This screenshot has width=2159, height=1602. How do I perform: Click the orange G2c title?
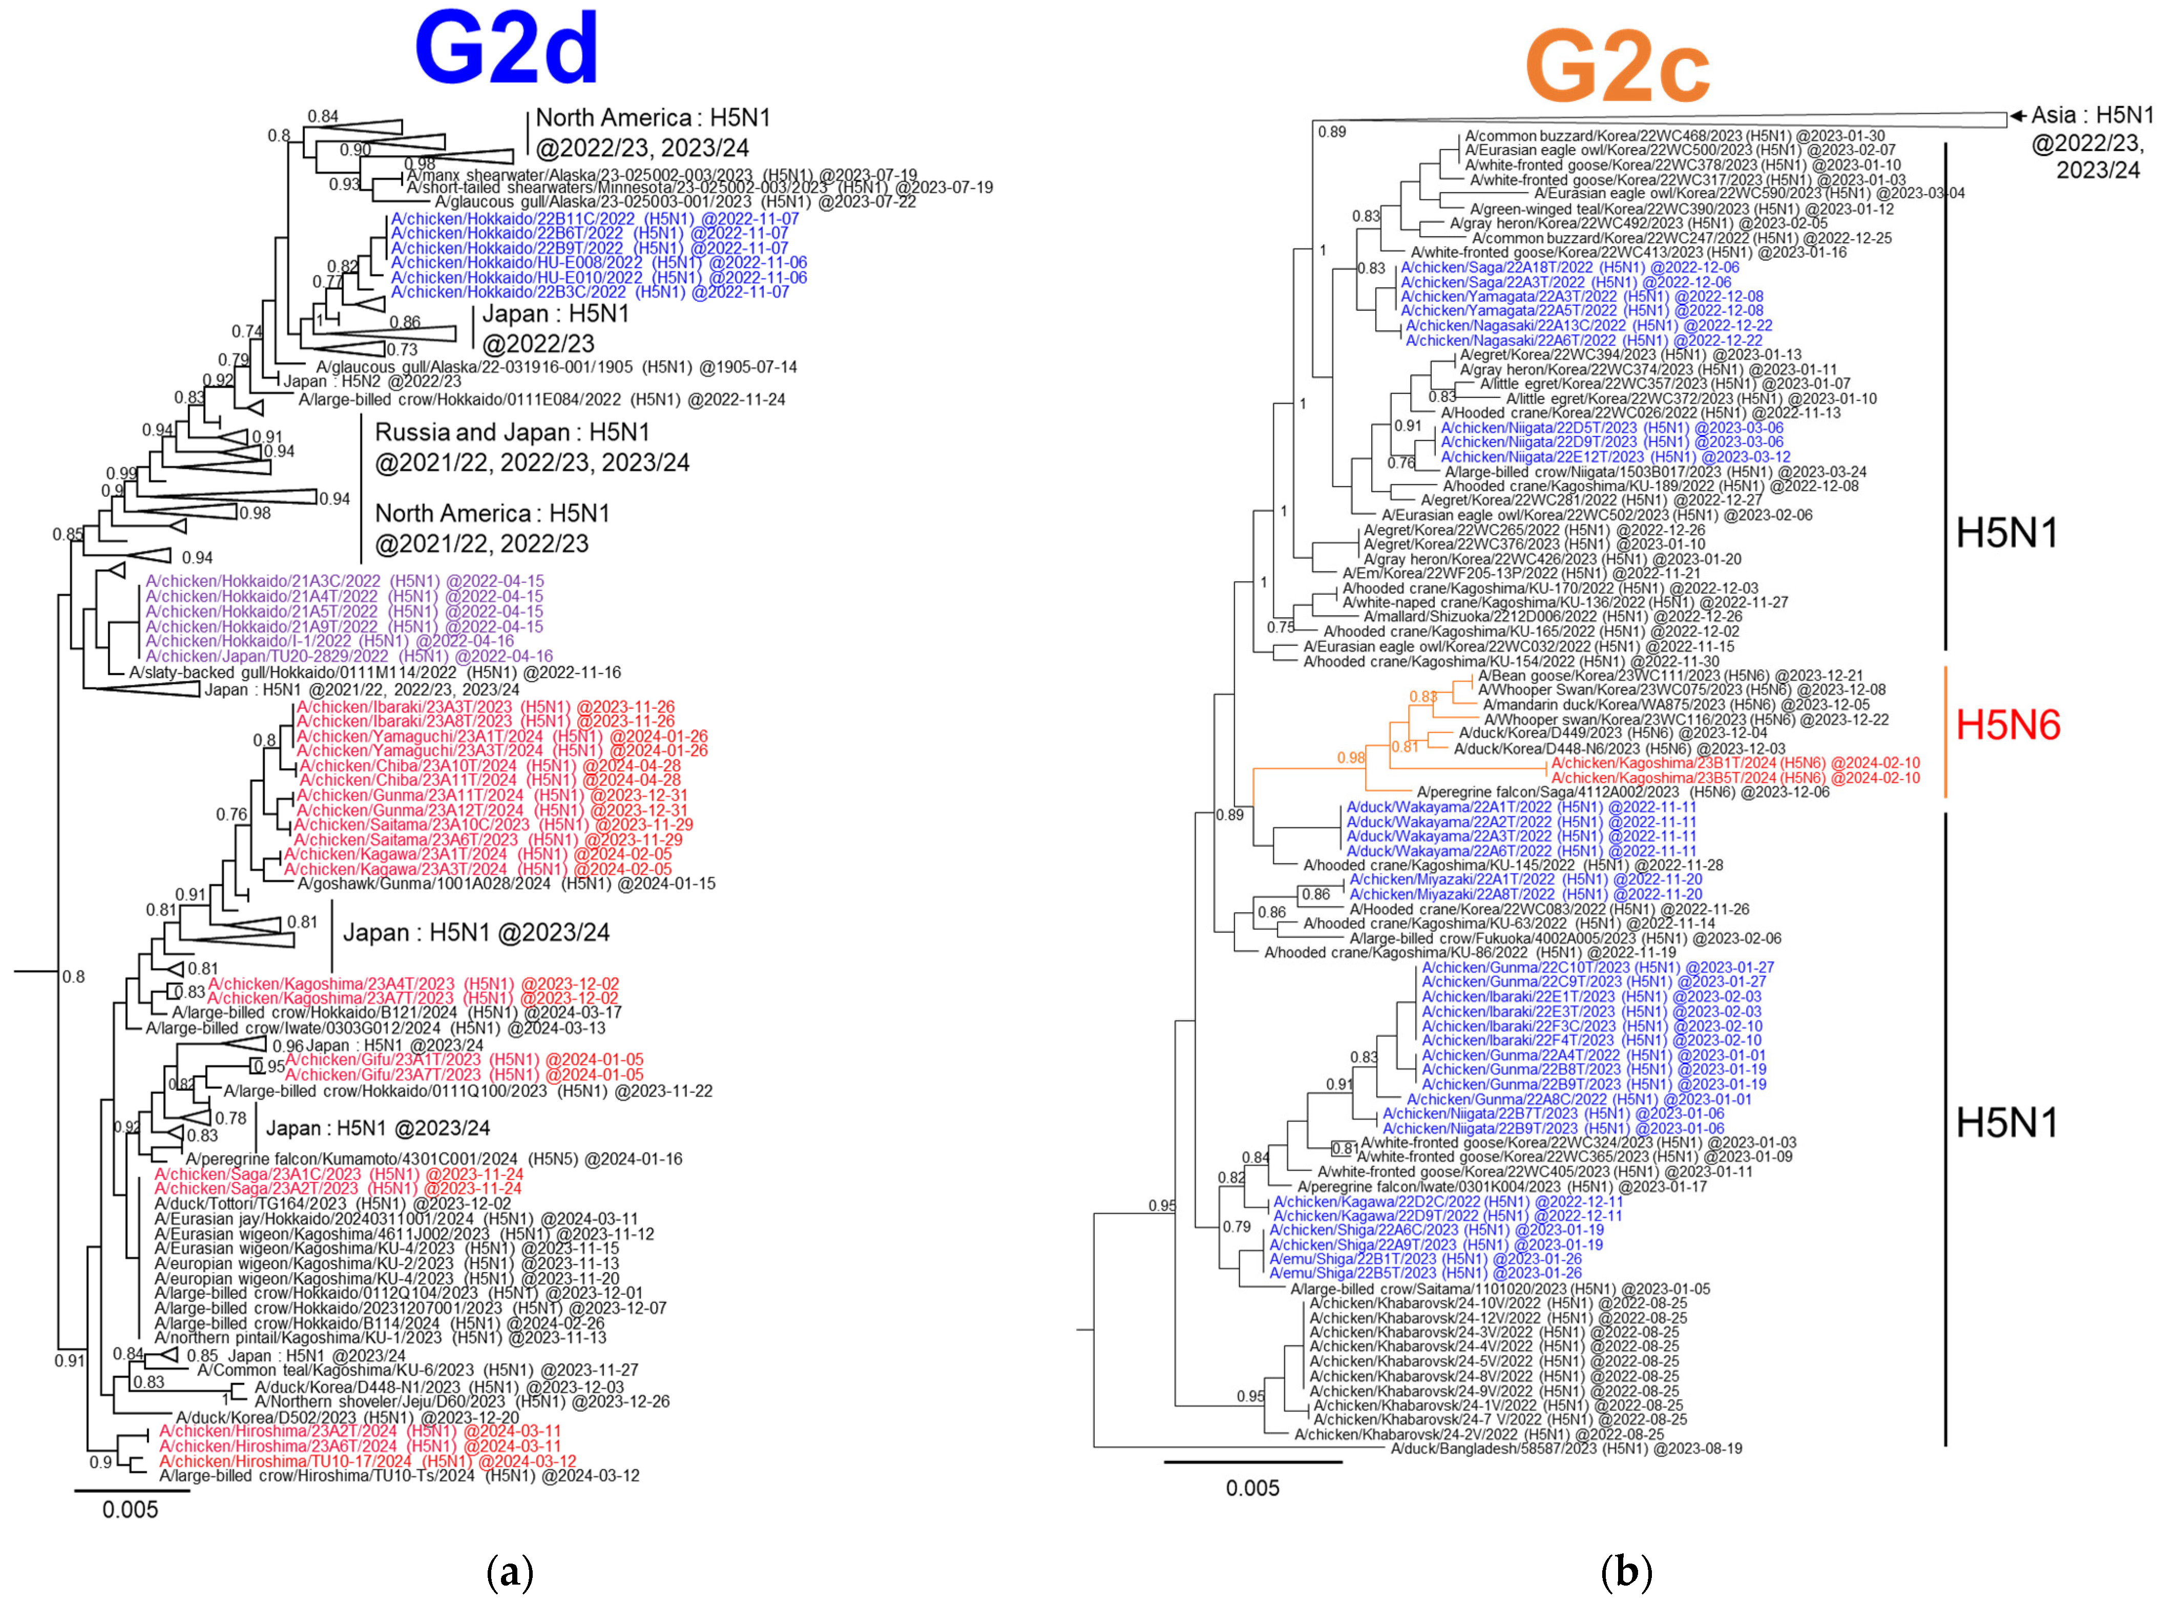pos(1617,66)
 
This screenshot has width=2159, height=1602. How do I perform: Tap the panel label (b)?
pos(1626,1571)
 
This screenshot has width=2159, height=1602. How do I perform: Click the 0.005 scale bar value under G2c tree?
pos(1252,1488)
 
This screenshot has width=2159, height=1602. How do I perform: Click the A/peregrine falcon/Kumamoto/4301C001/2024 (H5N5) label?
pos(433,1159)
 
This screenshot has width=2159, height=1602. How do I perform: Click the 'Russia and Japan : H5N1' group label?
pos(512,432)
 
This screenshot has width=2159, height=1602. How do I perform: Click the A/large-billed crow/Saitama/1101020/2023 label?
pos(1499,1289)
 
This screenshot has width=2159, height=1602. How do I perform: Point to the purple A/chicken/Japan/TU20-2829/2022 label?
pos(349,657)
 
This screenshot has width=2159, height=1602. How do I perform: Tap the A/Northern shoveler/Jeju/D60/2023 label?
pos(462,1401)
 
